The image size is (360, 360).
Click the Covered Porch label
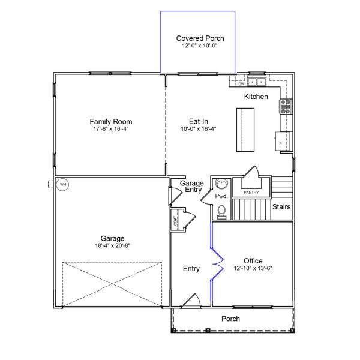(200, 38)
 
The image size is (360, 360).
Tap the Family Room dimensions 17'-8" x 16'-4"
(111, 129)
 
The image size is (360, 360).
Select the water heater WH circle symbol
(62, 184)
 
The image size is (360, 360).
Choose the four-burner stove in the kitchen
(285, 106)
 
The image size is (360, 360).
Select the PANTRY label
(251, 192)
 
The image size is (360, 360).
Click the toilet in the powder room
(221, 211)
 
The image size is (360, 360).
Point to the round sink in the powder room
(222, 184)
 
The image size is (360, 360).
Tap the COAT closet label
(175, 220)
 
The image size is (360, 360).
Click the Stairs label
(281, 207)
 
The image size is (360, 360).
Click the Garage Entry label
(191, 187)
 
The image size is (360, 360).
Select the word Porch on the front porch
(231, 319)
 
